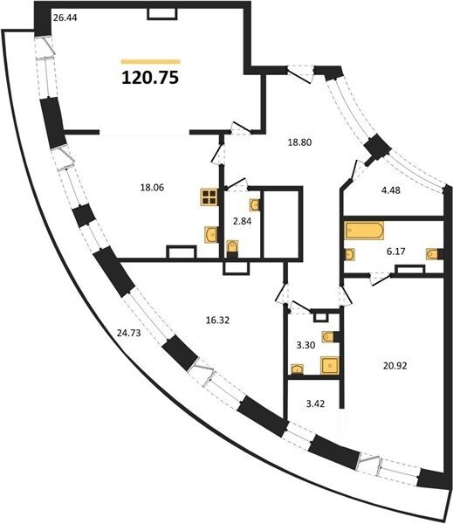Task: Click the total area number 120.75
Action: (x=150, y=78)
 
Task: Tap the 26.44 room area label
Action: (x=65, y=17)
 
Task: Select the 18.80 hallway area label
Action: (x=299, y=142)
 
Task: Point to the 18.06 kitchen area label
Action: (x=153, y=188)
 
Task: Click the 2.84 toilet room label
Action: (x=242, y=221)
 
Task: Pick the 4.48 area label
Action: (x=391, y=190)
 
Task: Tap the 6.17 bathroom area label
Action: (x=396, y=252)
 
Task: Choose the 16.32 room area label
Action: (x=217, y=321)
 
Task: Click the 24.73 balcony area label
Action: (x=128, y=333)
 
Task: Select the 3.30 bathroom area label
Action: (x=305, y=345)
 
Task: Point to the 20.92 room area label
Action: (x=395, y=366)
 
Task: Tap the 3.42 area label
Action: (x=315, y=403)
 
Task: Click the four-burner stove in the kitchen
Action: (x=209, y=197)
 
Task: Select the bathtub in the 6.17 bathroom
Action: (x=364, y=231)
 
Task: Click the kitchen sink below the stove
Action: (x=211, y=234)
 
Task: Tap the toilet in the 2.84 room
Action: (x=232, y=249)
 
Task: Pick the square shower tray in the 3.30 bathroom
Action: (x=330, y=365)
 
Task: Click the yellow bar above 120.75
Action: (x=151, y=61)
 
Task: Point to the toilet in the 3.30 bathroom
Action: (x=331, y=337)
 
